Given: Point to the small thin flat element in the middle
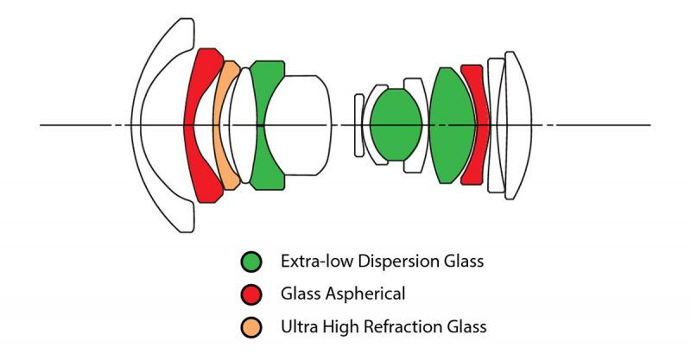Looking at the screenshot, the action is point(359,125).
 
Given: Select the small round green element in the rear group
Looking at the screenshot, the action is point(396,124).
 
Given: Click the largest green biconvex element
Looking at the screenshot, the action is point(452,125).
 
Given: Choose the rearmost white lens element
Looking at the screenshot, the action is point(520,125).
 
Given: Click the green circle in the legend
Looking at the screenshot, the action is point(251,262).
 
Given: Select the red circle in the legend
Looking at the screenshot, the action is point(251,294).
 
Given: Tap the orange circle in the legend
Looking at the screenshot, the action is point(251,327).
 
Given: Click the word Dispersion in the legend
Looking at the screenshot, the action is point(398,261).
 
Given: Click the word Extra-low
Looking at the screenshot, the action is point(316,261).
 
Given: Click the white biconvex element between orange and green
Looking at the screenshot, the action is point(242,125).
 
